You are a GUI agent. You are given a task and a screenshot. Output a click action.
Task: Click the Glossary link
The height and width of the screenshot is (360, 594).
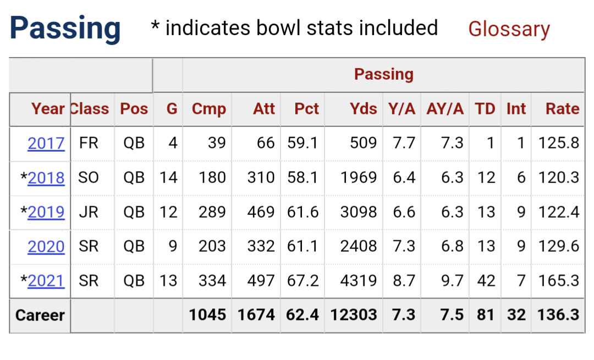coord(509,30)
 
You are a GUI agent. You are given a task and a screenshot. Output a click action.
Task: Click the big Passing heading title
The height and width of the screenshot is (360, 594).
coord(65,29)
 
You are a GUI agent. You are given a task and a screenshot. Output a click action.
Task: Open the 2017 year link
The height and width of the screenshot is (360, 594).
coord(46,143)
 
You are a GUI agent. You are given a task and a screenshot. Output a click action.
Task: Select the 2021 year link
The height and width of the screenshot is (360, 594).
coord(46,281)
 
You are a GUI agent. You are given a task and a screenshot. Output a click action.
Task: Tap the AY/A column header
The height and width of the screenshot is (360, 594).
coord(445,109)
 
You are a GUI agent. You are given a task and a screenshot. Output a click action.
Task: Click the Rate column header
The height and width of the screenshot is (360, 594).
coord(563,109)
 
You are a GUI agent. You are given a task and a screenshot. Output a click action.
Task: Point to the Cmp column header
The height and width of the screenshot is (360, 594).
coord(209,109)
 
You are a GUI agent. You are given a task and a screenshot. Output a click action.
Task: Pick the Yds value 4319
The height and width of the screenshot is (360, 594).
coord(359,281)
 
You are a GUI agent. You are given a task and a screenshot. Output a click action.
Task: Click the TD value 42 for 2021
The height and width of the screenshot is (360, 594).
coord(486,281)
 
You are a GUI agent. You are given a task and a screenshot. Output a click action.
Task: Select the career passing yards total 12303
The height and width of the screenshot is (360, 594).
coord(354,315)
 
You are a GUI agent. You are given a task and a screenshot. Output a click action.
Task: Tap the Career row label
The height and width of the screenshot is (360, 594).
coord(40,315)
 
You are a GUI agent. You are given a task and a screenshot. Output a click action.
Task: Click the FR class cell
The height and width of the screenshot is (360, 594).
coord(89,143)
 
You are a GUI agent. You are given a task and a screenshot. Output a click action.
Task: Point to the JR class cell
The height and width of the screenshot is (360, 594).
coord(89,212)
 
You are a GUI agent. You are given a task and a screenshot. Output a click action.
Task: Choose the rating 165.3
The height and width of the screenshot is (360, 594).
coord(559,281)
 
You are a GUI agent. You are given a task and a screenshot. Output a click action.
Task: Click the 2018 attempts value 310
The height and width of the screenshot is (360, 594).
coord(261,178)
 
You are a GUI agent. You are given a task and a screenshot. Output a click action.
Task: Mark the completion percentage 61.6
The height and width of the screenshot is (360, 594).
coord(302,212)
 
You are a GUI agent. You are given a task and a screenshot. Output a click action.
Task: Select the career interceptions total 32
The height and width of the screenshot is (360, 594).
coord(516,315)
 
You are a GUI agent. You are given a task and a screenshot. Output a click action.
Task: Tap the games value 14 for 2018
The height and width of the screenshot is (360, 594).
coord(168,178)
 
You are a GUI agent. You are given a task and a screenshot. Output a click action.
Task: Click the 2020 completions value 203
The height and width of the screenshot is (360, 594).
coord(212,246)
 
